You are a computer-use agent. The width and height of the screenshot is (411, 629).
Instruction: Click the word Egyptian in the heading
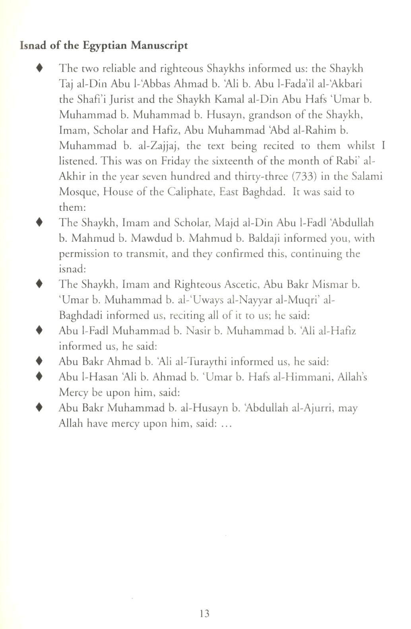point(104,46)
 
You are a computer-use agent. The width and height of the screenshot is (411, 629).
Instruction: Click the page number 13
point(205,613)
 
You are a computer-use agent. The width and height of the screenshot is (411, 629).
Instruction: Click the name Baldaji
point(265,238)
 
